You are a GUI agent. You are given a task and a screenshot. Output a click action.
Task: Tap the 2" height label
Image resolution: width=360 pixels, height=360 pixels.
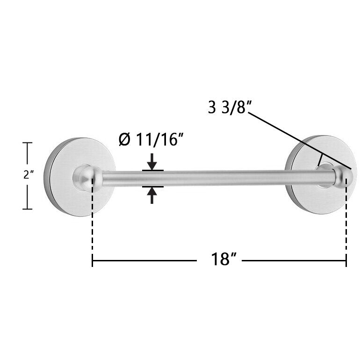(x=28, y=175)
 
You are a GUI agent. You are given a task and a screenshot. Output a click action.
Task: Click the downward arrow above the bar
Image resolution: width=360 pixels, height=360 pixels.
(x=152, y=162)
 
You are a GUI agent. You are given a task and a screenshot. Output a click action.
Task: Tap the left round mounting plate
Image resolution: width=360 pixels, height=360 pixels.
(x=79, y=177)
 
